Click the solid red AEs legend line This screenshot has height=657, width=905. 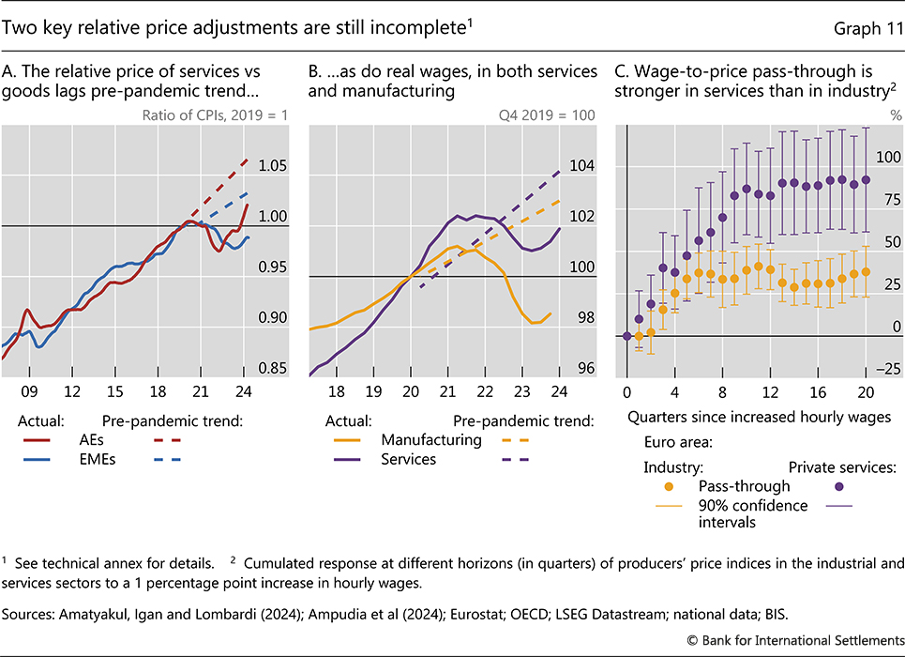point(38,441)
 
